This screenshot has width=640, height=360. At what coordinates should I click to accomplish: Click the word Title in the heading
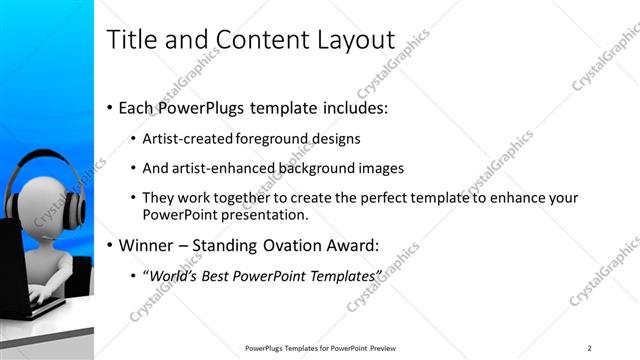coord(129,40)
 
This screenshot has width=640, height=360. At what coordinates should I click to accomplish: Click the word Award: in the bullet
coord(353,244)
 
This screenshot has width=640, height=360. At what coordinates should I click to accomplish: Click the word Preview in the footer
coord(390,348)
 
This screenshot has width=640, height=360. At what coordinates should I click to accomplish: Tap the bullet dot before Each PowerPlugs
coord(110,107)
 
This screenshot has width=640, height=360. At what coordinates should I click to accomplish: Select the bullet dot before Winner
coord(110,244)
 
